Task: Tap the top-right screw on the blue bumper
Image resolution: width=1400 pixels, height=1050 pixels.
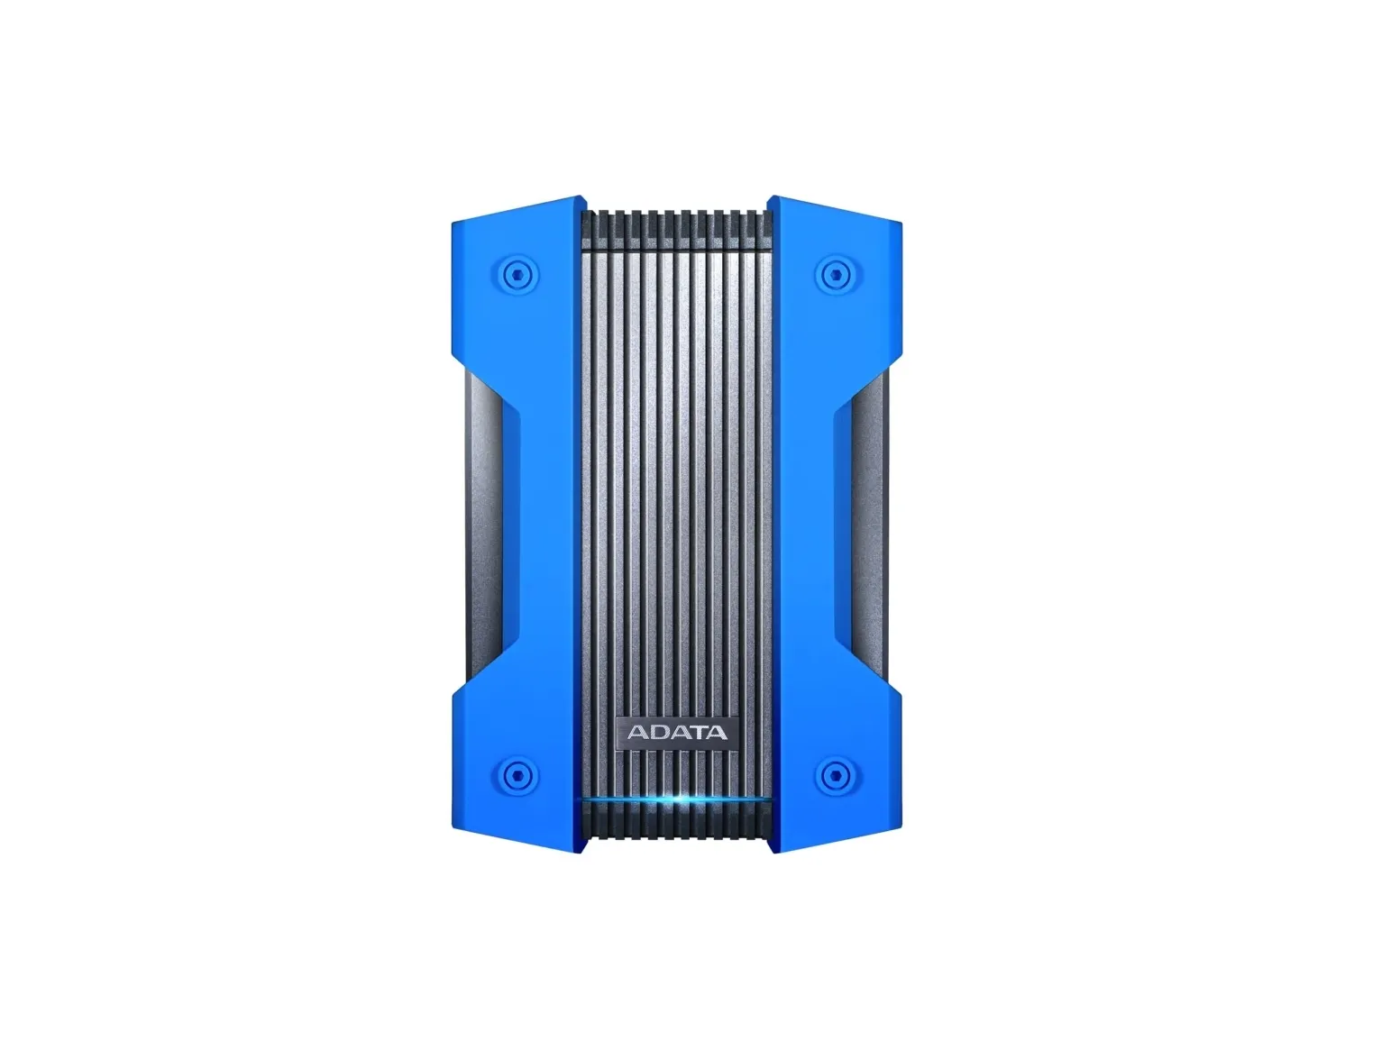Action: [836, 275]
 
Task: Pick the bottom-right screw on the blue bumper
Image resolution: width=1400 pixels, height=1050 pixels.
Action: [836, 776]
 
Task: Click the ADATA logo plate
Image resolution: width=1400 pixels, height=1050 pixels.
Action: [677, 732]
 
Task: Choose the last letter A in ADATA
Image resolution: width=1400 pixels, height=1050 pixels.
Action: [717, 732]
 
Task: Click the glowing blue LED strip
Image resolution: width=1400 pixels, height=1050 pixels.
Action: [676, 799]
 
